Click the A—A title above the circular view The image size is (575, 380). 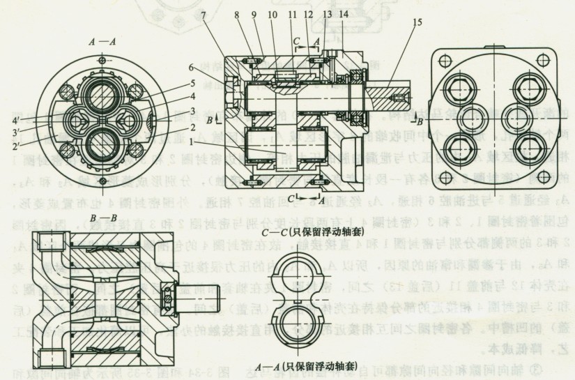pos(101,42)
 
